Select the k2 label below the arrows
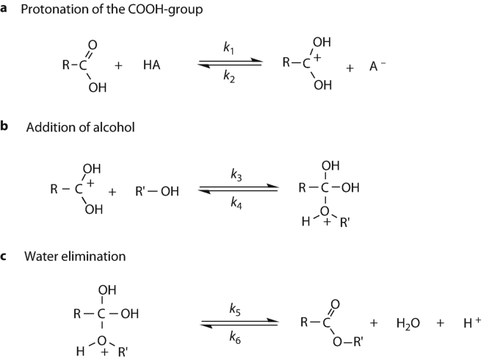point(228,75)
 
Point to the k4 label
point(236,204)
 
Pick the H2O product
point(408,323)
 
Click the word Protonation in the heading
point(57,10)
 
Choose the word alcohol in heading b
point(115,128)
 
